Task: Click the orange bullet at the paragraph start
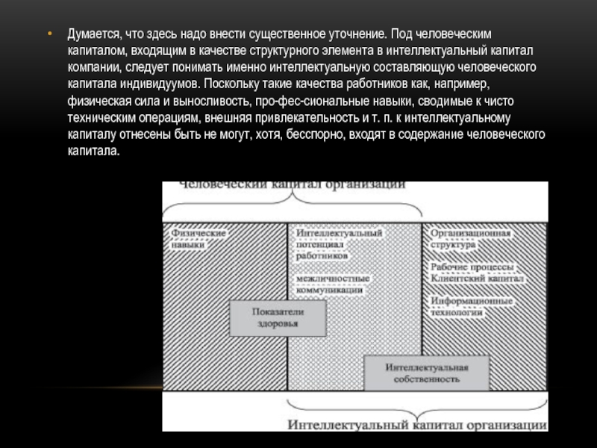tap(49, 34)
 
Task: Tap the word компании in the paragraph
tap(90, 66)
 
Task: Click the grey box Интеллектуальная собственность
tap(426, 373)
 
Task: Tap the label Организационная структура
tap(470, 238)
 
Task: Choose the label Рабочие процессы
tap(471, 267)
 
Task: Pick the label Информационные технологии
tap(471, 306)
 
